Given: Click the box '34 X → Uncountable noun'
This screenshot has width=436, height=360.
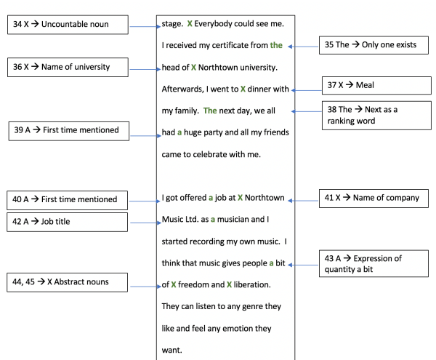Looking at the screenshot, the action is tap(68, 25).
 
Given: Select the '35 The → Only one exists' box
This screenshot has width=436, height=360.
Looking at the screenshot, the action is tap(374, 45).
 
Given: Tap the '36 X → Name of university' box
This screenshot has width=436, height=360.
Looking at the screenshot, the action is tap(68, 68).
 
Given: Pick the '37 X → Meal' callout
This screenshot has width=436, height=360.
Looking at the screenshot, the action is tap(376, 85).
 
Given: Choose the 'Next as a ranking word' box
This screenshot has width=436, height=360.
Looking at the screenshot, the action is tap(376, 116).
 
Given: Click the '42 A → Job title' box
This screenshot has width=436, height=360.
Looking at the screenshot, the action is tap(68, 222).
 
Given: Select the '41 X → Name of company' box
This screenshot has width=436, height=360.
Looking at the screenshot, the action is tap(374, 199).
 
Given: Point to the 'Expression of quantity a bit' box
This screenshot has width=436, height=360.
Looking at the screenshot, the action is tap(374, 263).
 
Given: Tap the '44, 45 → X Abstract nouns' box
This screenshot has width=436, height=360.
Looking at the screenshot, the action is tap(68, 282).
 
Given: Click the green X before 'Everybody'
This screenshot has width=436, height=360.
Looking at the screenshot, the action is tap(190, 24).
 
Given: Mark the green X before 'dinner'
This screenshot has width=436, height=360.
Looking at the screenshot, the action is tap(243, 89).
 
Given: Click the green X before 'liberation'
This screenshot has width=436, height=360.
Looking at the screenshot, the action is tap(229, 284).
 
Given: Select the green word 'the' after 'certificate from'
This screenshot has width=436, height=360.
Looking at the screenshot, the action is tap(276, 45).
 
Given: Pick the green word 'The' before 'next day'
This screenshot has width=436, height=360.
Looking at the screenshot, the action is tap(210, 111).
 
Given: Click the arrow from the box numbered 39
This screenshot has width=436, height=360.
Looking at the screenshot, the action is tap(146, 136).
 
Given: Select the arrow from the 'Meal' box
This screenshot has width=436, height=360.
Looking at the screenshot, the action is tap(307, 90).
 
